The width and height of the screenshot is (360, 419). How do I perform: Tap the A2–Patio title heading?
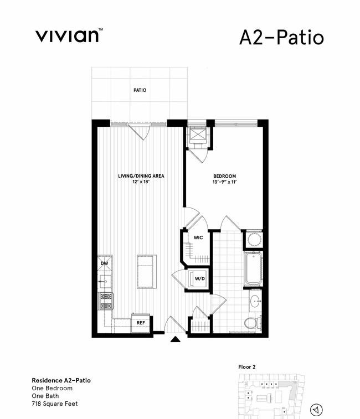point(282,38)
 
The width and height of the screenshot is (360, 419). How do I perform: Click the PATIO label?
point(140,90)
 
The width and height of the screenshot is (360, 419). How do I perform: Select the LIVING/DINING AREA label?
point(141,176)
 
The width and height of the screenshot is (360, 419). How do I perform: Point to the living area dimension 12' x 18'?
point(141,182)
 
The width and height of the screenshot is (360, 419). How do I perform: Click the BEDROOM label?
point(225,176)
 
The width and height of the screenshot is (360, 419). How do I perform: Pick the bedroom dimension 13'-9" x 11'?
point(225,182)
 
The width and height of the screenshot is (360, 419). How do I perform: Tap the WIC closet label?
point(198,237)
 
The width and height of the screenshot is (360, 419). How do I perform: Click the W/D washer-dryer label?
point(200,279)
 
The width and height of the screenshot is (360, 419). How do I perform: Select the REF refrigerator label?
point(141,323)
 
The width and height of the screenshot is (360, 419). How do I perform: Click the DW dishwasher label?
point(104,263)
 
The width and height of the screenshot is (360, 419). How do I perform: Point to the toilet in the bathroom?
point(253,323)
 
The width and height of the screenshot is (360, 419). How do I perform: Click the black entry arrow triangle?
point(176,339)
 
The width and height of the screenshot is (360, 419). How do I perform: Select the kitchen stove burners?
point(106,301)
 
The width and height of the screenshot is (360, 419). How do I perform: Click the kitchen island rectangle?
point(147,272)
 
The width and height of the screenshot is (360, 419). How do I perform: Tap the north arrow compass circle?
point(316,410)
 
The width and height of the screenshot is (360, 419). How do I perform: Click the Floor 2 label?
point(246,367)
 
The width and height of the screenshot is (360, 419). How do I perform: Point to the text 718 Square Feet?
point(55,404)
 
